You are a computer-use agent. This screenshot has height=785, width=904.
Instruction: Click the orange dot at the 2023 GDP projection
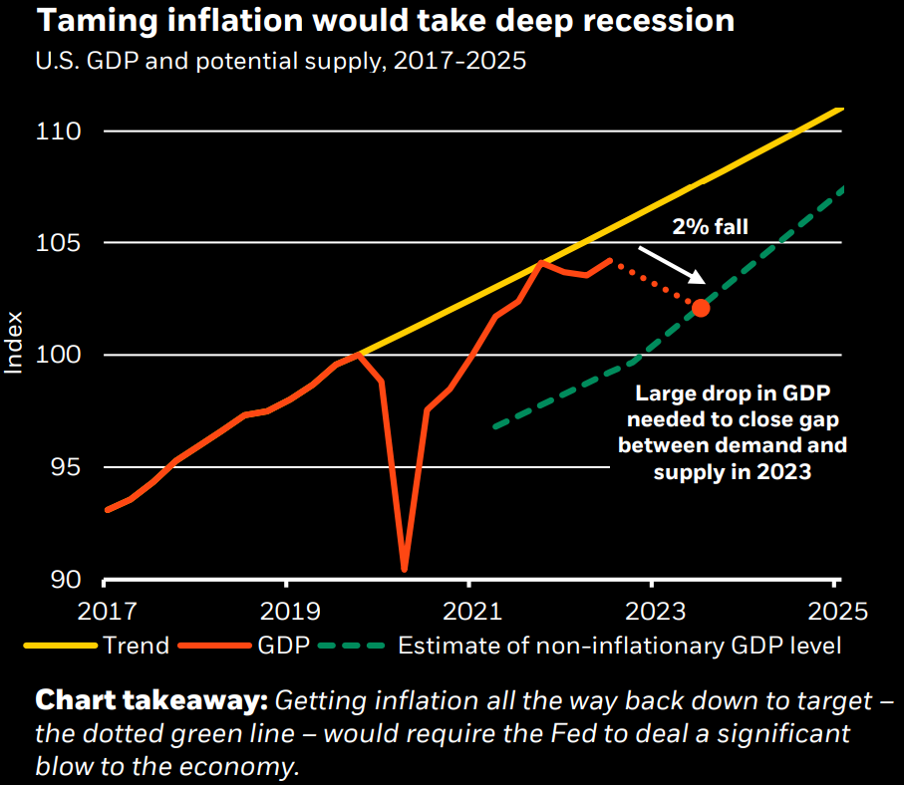point(700,308)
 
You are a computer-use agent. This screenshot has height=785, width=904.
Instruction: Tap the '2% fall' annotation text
point(710,227)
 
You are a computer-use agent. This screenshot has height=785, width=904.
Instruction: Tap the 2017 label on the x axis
point(105,608)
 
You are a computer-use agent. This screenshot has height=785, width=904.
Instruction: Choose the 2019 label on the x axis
point(286,608)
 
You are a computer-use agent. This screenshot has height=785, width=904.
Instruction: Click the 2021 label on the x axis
point(469,608)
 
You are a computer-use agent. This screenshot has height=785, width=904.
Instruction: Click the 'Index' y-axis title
point(14,345)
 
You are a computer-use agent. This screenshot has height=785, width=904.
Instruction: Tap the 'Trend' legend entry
point(136,646)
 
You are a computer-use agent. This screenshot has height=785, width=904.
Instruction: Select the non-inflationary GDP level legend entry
point(619,646)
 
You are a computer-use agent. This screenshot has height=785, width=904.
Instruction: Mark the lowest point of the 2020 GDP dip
point(404,570)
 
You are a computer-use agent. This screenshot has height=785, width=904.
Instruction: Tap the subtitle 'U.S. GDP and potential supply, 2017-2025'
point(281,61)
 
